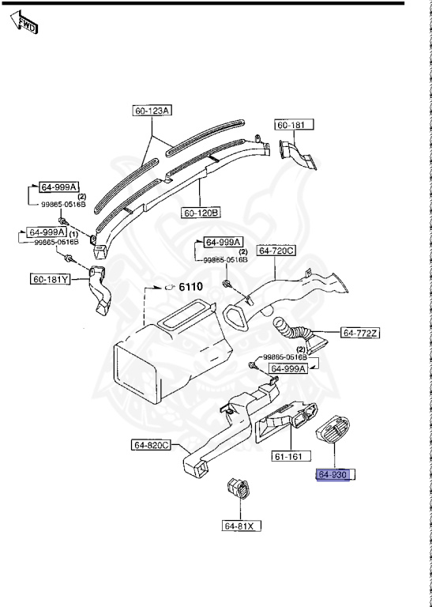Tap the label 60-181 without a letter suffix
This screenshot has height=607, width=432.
coord(294,125)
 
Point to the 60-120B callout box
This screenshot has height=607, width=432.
coord(202,213)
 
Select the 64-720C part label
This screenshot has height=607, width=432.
coord(276,251)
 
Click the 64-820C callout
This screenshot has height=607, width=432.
coord(152,445)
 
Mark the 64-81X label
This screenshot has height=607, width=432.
coord(242,525)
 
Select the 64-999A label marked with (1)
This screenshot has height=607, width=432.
coord(48,232)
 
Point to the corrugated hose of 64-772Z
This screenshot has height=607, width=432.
coord(295,330)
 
